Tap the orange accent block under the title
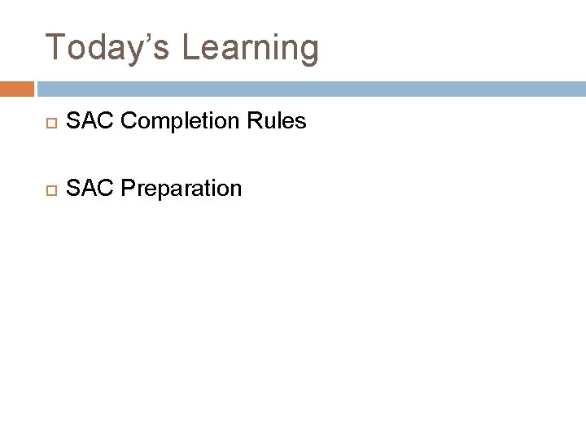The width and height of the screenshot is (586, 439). [16, 89]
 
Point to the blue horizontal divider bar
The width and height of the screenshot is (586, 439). [309, 89]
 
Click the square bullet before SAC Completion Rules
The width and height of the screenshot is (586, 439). [48, 123]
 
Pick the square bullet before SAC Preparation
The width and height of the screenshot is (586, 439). [48, 189]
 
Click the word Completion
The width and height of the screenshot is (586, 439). [174, 122]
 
